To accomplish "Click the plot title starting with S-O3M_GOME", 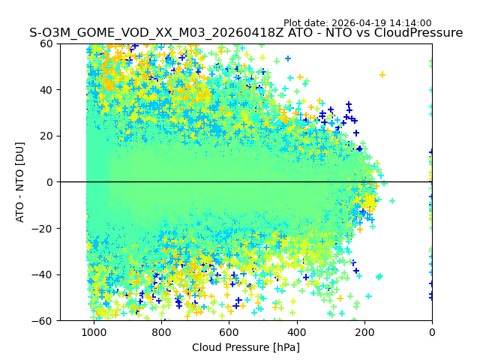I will coord(246,33).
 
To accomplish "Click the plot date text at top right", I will coord(357,23).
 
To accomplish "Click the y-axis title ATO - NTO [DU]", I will coord(20,181).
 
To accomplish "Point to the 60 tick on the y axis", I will coord(46,43).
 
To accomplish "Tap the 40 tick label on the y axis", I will coord(46,90).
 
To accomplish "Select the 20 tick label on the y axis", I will coord(46,136).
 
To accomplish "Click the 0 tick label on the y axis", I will coord(49,182).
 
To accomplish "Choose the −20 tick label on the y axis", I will coord(43,229).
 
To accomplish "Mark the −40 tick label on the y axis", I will coord(43,274).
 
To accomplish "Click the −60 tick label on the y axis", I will coord(43,321).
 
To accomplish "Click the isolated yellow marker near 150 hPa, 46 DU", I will coord(382,74).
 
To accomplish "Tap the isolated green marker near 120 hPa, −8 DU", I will coord(391,201).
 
